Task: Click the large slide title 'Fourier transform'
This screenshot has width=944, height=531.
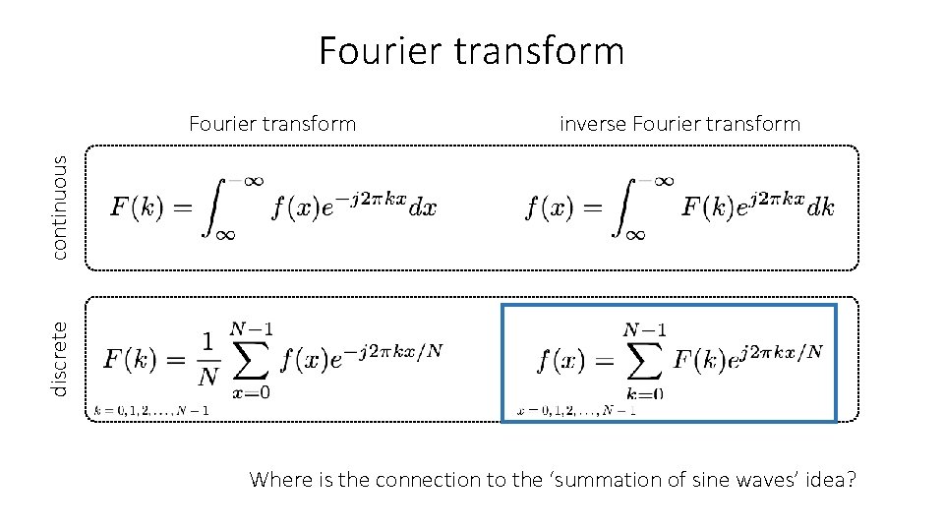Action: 471,51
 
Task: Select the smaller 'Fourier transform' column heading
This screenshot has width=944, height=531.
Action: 272,124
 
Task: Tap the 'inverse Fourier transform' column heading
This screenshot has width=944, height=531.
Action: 679,124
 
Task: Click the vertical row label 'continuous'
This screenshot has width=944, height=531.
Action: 60,207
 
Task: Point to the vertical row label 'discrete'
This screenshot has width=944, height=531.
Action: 60,359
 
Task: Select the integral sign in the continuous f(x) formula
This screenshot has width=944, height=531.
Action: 627,207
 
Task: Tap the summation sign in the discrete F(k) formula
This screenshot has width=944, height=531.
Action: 250,361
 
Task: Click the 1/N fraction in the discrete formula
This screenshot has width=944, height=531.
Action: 206,360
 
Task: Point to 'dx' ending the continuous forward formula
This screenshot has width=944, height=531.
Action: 424,207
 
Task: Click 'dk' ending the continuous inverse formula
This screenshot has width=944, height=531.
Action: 820,207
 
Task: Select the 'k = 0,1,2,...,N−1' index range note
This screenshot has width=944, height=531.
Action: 153,410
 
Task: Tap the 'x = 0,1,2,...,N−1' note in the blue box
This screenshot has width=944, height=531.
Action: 576,410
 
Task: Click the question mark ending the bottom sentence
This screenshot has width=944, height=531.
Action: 851,480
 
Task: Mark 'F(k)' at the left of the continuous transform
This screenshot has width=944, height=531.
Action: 136,207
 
